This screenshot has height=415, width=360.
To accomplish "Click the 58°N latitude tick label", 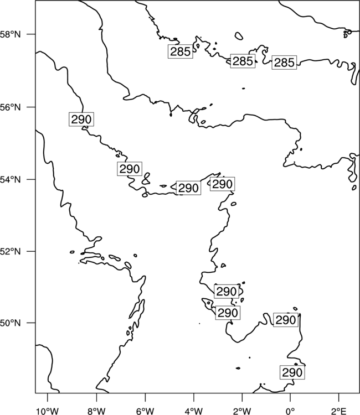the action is tap(11, 34).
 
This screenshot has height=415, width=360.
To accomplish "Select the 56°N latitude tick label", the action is tap(11, 107).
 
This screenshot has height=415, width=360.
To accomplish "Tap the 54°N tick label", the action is tap(11, 180).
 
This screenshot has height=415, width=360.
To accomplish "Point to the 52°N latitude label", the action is tap(11, 251).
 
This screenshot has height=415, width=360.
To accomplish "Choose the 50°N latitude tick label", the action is tap(11, 323).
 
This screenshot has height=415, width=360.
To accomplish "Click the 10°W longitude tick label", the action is tap(48, 411).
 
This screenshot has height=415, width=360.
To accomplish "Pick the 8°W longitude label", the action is tap(96, 411).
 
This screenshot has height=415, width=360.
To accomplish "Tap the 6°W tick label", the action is tap(145, 411).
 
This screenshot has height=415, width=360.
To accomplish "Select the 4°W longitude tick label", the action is tap(194, 411).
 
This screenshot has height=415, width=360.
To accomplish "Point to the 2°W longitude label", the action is tap(242, 411).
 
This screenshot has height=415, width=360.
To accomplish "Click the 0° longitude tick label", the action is tap(290, 411).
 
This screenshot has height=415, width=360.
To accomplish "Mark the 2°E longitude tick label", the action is tap(339, 411).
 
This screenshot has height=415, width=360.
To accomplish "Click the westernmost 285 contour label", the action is tap(181, 51).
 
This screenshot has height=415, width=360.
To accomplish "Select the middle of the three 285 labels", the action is tap(243, 61).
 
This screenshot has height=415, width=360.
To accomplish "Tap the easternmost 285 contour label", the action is tap(284, 63).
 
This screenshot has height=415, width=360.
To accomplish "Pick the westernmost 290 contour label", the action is tap(81, 120).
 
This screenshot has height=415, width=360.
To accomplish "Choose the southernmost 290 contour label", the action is tap(292, 372).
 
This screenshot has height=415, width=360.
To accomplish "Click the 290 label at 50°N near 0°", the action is tap(286, 320).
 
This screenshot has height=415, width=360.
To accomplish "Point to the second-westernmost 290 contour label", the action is tap(130, 169).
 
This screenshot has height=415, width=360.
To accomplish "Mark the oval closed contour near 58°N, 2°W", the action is tap(239, 36).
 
